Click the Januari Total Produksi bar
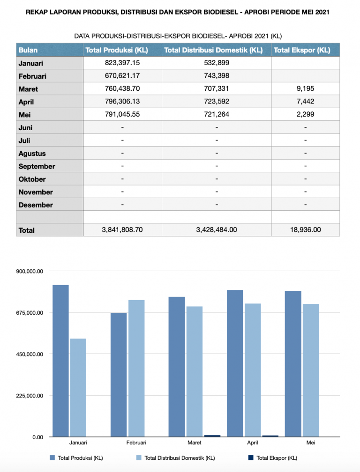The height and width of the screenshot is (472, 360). [60, 361]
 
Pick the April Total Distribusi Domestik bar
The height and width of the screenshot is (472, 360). [253, 370]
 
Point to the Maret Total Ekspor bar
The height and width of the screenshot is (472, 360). [212, 436]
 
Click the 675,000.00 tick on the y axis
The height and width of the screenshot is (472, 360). [30, 313]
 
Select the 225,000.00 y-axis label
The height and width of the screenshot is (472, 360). [30, 396]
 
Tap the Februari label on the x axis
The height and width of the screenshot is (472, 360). [136, 442]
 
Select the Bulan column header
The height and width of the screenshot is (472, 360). [28, 50]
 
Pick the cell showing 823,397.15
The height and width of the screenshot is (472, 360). [122, 63]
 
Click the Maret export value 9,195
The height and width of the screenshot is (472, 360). [305, 88]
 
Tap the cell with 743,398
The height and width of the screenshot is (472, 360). [216, 75]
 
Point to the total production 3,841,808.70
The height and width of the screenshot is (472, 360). [122, 229]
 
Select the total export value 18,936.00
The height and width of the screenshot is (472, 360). [305, 229]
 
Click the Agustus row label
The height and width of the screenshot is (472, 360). [32, 153]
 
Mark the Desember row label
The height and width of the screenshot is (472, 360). [36, 205]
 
